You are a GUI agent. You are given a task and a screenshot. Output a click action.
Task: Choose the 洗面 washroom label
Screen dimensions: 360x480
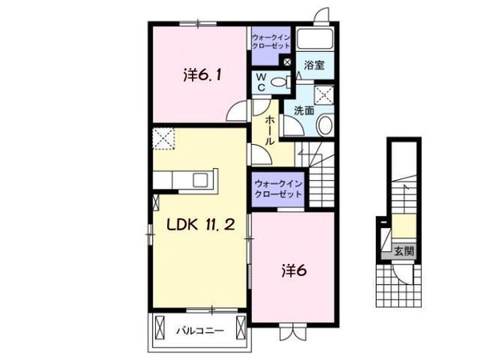point(303,111)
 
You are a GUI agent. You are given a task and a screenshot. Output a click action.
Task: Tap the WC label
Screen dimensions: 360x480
point(261,81)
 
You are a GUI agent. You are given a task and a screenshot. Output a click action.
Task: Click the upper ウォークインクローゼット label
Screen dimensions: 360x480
point(271,42)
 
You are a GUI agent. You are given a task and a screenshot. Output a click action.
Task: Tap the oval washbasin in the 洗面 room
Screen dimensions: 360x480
point(325,125)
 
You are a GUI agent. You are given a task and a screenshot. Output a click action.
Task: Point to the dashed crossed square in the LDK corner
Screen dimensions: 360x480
point(163,138)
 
